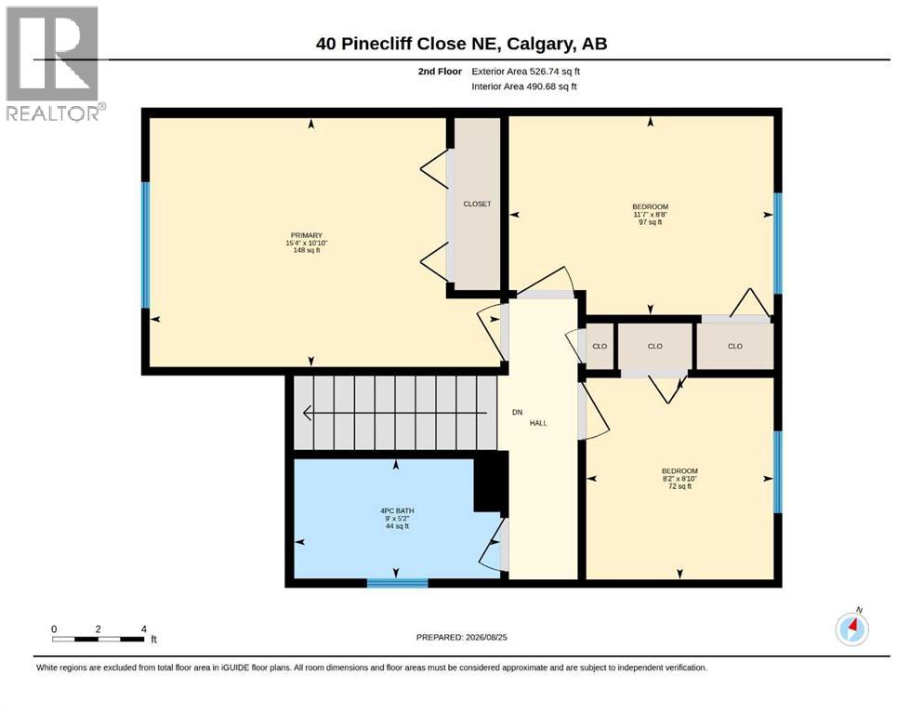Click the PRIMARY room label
click(x=306, y=235)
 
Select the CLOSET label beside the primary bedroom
click(x=477, y=204)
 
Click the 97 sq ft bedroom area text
click(x=651, y=222)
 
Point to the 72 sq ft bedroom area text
click(x=679, y=487)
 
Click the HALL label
click(x=538, y=423)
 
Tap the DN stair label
click(x=517, y=413)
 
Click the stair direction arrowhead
click(x=307, y=413)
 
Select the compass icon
click(x=851, y=628)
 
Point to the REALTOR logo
click(x=54, y=63)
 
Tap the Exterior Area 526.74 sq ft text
click(x=526, y=72)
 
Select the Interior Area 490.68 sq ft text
click(x=524, y=86)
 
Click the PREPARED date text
click(x=461, y=637)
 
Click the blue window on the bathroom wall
click(x=397, y=583)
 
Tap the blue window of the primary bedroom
click(x=145, y=245)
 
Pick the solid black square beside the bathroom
click(x=491, y=484)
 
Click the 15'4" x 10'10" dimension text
click(x=306, y=243)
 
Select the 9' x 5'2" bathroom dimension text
click(x=397, y=519)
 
